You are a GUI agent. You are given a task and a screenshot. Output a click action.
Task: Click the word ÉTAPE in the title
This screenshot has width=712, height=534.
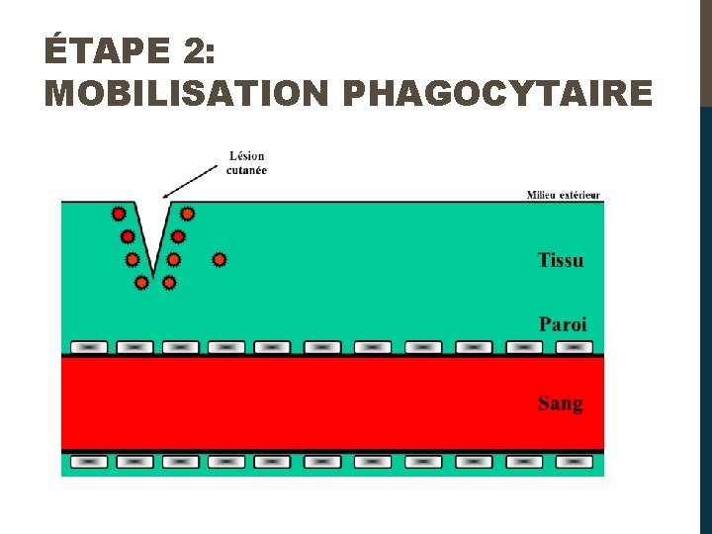[94, 49]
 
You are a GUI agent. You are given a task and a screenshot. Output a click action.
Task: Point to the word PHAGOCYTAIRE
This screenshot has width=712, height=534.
[496, 94]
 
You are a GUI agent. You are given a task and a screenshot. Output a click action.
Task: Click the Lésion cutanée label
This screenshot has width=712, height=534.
[247, 162]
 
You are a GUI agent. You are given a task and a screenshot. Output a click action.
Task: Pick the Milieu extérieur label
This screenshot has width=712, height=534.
[563, 195]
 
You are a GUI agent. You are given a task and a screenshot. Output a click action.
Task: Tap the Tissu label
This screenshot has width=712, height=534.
[561, 260]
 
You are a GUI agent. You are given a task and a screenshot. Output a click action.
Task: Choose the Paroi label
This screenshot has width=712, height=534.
[563, 323]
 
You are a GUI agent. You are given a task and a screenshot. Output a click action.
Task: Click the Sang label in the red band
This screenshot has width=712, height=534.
[561, 403]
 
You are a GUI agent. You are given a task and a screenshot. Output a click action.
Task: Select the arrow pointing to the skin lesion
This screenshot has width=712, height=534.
[190, 182]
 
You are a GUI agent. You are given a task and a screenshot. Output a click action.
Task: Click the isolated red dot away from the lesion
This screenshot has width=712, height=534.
[220, 260]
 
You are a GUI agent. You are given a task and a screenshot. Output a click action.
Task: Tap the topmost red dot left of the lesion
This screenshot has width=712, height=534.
[119, 214]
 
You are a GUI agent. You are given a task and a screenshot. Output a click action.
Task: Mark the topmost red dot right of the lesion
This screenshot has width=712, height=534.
[187, 214]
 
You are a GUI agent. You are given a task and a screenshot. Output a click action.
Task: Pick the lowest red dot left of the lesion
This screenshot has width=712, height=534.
[141, 283]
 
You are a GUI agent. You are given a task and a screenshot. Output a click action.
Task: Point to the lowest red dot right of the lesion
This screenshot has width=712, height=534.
[169, 283]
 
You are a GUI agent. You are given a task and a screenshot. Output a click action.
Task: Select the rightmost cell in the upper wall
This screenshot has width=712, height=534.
[575, 347]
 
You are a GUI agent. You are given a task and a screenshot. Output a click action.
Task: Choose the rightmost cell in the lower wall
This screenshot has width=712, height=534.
[575, 461]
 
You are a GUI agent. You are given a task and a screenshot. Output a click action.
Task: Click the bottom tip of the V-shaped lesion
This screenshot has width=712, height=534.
[154, 276]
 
